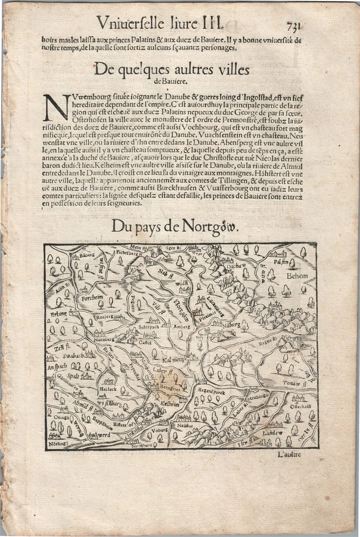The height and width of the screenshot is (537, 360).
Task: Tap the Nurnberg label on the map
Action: coord(101,339)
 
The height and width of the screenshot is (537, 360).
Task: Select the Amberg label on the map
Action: coord(182,326)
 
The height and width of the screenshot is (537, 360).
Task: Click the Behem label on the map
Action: coord(297,276)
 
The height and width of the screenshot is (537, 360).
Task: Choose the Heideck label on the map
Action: coord(108,390)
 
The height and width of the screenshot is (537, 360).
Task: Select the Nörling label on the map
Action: coord(58,443)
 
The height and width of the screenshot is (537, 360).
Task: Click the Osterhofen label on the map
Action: coord(300,406)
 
